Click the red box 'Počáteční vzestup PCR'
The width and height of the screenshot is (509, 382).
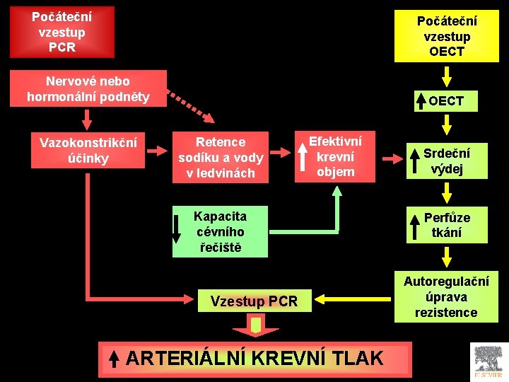pyautogui.click(x=62, y=32)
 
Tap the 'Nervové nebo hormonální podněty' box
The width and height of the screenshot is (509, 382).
pyautogui.click(x=88, y=88)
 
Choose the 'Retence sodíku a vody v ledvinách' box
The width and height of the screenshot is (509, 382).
pyautogui.click(x=221, y=157)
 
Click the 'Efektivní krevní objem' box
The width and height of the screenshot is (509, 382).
pyautogui.click(x=335, y=156)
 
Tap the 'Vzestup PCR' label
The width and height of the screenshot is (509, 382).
pyautogui.click(x=254, y=302)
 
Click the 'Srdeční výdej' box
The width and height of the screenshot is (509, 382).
pyautogui.click(x=446, y=161)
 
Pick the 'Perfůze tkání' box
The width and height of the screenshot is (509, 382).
pyautogui.click(x=446, y=225)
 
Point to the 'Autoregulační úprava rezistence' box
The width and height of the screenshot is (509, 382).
pyautogui.click(x=446, y=296)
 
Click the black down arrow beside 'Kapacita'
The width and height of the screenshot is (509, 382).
pyautogui.click(x=177, y=228)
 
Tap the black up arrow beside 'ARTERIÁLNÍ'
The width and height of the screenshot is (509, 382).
pyautogui.click(x=114, y=359)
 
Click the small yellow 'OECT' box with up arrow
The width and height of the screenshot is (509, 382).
pyautogui.click(x=446, y=101)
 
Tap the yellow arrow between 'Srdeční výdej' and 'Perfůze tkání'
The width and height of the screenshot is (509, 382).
pyautogui.click(x=446, y=191)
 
